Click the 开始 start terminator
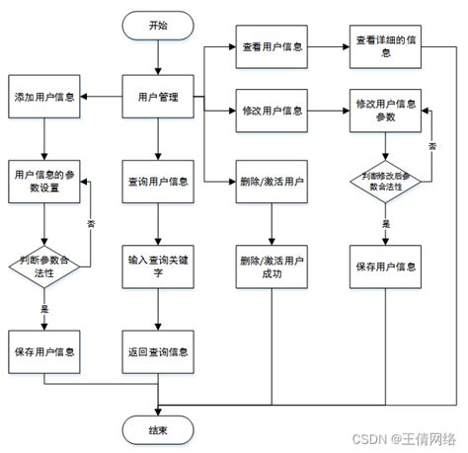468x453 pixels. click(158, 27)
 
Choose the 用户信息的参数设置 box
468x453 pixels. click(44, 181)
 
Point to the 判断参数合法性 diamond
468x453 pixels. click(44, 265)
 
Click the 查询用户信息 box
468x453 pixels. click(158, 181)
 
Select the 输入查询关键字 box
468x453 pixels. click(158, 266)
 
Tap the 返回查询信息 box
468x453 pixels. click(158, 350)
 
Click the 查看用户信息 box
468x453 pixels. click(272, 46)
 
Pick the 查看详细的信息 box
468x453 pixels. click(385, 46)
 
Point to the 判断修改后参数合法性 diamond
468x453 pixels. click(385, 182)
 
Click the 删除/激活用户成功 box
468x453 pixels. click(272, 266)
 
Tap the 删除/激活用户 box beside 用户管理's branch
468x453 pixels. click(272, 181)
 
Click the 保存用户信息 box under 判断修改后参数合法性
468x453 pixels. click(385, 266)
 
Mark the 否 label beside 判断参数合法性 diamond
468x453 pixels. click(91, 224)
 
